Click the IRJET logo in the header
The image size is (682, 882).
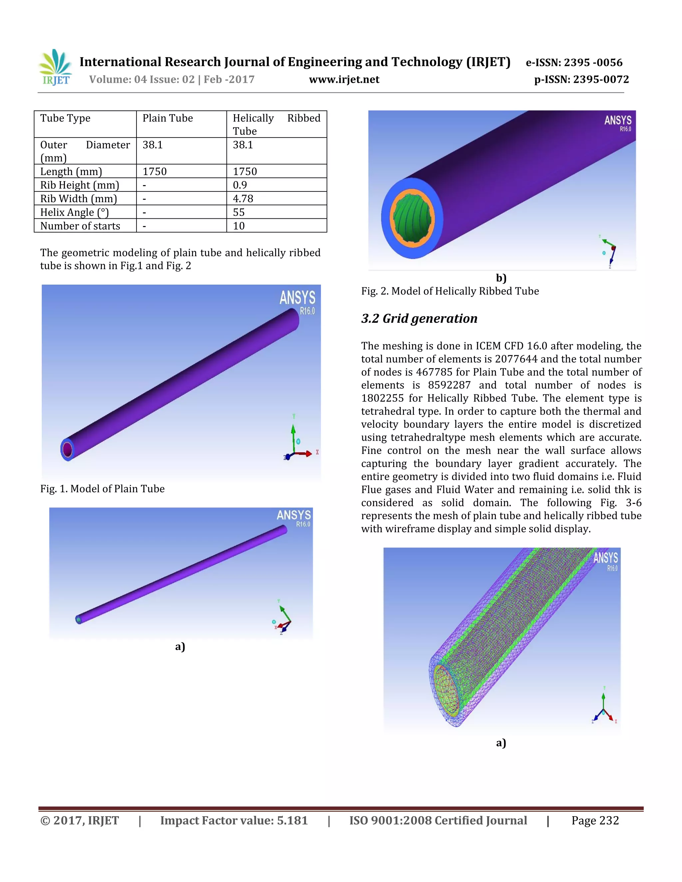click(55, 68)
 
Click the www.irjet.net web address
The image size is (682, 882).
click(344, 80)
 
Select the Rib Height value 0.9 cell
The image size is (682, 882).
click(240, 185)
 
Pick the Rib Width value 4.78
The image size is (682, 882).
click(243, 199)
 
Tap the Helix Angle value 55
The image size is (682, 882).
click(239, 212)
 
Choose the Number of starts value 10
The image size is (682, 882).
click(239, 226)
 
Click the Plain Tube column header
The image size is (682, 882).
click(168, 118)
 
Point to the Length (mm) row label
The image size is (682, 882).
click(71, 172)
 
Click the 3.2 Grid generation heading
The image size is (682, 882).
click(419, 319)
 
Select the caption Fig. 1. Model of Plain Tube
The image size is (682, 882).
click(102, 489)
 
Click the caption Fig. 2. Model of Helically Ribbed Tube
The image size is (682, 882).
click(450, 291)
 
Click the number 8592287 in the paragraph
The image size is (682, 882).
click(449, 385)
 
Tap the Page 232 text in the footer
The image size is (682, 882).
click(595, 821)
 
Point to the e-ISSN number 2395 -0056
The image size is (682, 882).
click(593, 63)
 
